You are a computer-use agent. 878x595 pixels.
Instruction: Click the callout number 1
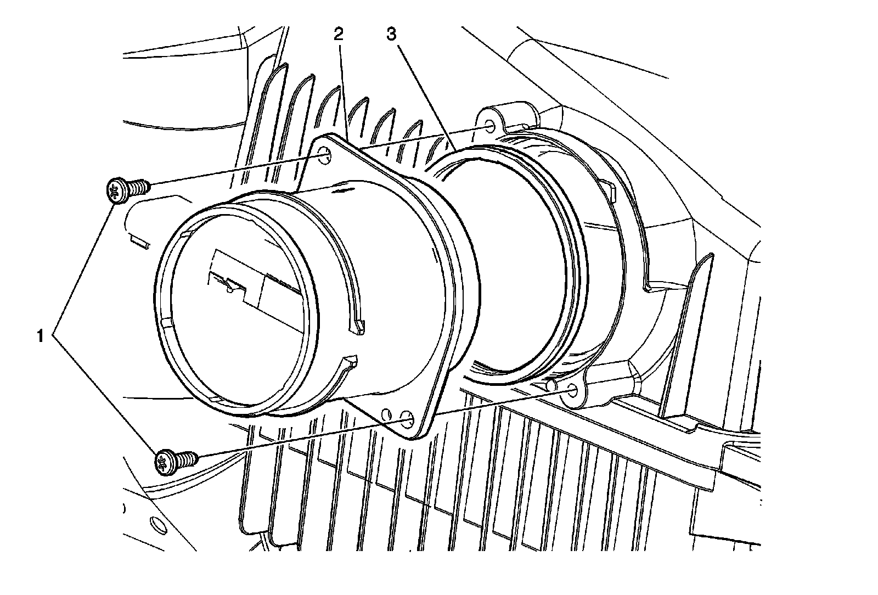[41, 336]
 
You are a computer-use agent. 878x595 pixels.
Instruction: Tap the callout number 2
[338, 35]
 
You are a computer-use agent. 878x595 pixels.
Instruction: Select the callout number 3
[392, 35]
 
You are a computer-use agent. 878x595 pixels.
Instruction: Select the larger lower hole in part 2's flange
[408, 419]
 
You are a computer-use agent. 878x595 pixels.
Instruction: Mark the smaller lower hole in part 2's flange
[387, 414]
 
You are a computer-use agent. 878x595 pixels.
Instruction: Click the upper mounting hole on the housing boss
[489, 127]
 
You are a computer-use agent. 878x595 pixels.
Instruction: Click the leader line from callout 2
[344, 91]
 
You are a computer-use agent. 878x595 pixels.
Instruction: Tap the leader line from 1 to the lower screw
[105, 392]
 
